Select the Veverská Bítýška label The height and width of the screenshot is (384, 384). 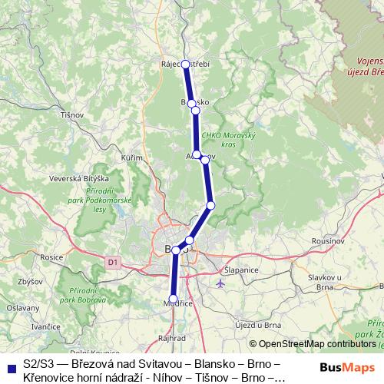point(76,178)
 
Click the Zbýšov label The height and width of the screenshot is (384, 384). point(30,282)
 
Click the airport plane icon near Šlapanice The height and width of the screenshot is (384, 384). point(222,284)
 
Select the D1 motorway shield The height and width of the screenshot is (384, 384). point(114,262)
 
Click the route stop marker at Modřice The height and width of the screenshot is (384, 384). point(173,300)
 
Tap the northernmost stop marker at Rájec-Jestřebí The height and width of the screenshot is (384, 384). point(185,65)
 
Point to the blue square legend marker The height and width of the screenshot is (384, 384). point(8,367)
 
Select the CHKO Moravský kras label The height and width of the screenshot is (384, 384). point(222,140)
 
